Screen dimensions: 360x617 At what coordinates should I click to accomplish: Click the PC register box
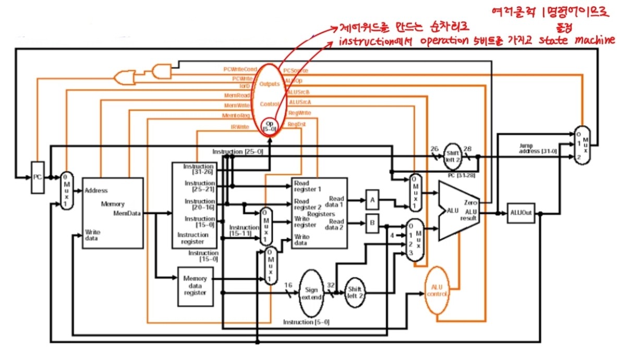[37, 177]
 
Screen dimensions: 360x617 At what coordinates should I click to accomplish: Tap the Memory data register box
[195, 285]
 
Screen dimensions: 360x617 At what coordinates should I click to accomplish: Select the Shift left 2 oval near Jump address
[452, 153]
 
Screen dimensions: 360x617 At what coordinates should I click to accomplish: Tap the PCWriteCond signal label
[236, 69]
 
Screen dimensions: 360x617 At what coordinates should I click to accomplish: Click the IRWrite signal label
[240, 127]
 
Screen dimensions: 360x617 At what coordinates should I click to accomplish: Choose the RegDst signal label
[297, 124]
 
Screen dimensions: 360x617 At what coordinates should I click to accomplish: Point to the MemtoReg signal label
[236, 115]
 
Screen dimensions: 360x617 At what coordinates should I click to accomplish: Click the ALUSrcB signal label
[298, 92]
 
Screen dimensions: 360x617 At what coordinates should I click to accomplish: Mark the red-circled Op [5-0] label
[270, 126]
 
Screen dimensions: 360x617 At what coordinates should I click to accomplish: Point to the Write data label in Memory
[93, 234]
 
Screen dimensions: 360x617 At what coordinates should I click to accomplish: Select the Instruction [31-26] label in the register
[199, 169]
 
